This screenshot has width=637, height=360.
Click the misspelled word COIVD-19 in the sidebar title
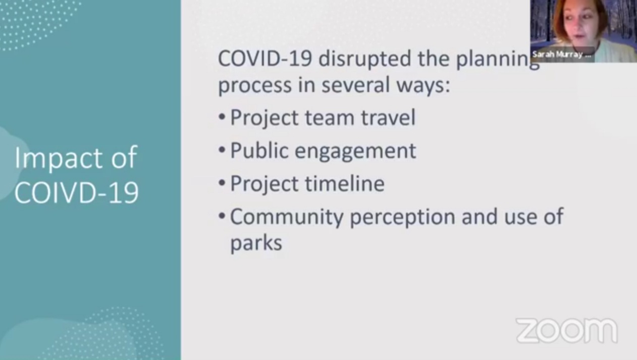click(x=76, y=192)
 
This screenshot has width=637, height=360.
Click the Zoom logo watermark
click(x=566, y=331)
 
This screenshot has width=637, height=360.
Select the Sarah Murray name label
click(x=561, y=55)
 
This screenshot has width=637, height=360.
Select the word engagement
click(x=355, y=151)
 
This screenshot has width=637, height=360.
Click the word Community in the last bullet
click(x=286, y=217)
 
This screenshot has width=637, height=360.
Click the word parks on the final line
click(x=256, y=243)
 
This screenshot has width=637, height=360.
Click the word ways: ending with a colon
click(x=422, y=86)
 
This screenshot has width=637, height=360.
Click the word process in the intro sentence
click(x=254, y=86)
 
